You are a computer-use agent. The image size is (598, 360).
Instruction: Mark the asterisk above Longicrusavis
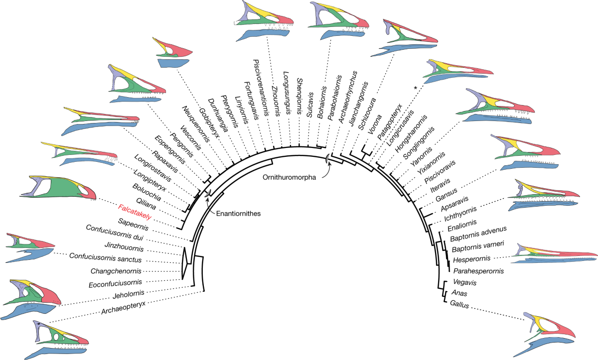pos(415,89)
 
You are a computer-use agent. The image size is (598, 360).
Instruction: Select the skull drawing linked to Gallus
pos(548,331)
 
